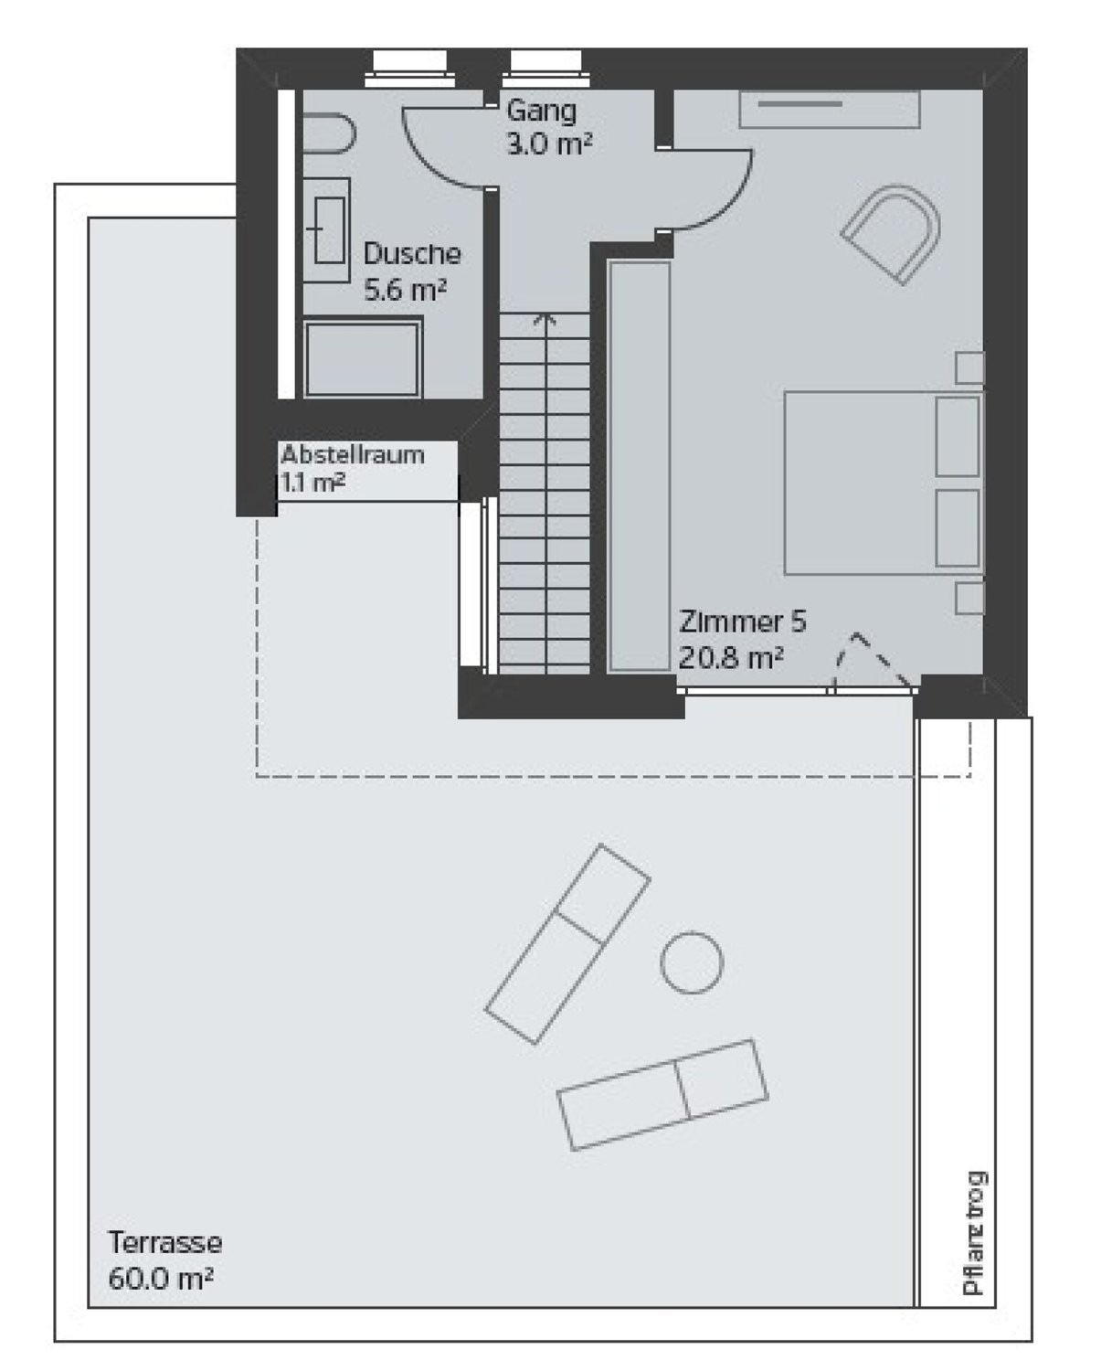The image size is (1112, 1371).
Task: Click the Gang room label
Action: [541, 112]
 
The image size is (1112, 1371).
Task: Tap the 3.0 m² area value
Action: [549, 143]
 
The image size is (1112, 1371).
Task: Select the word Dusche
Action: [412, 253]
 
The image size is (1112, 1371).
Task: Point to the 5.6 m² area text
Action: [405, 289]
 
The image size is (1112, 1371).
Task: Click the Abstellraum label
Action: [353, 455]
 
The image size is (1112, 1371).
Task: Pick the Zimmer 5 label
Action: [743, 622]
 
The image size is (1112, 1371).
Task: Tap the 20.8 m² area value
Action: [731, 658]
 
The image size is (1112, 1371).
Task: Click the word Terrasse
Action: [164, 1242]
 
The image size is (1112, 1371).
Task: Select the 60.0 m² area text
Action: [160, 1278]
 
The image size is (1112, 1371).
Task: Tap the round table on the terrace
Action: [692, 962]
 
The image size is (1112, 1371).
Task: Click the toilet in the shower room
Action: [329, 133]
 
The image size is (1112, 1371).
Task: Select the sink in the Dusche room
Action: [327, 229]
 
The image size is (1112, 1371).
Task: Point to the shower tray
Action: [363, 358]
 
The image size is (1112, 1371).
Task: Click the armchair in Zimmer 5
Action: [891, 234]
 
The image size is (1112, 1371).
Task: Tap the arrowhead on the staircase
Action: [545, 319]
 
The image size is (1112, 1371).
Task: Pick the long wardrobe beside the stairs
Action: [639, 467]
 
